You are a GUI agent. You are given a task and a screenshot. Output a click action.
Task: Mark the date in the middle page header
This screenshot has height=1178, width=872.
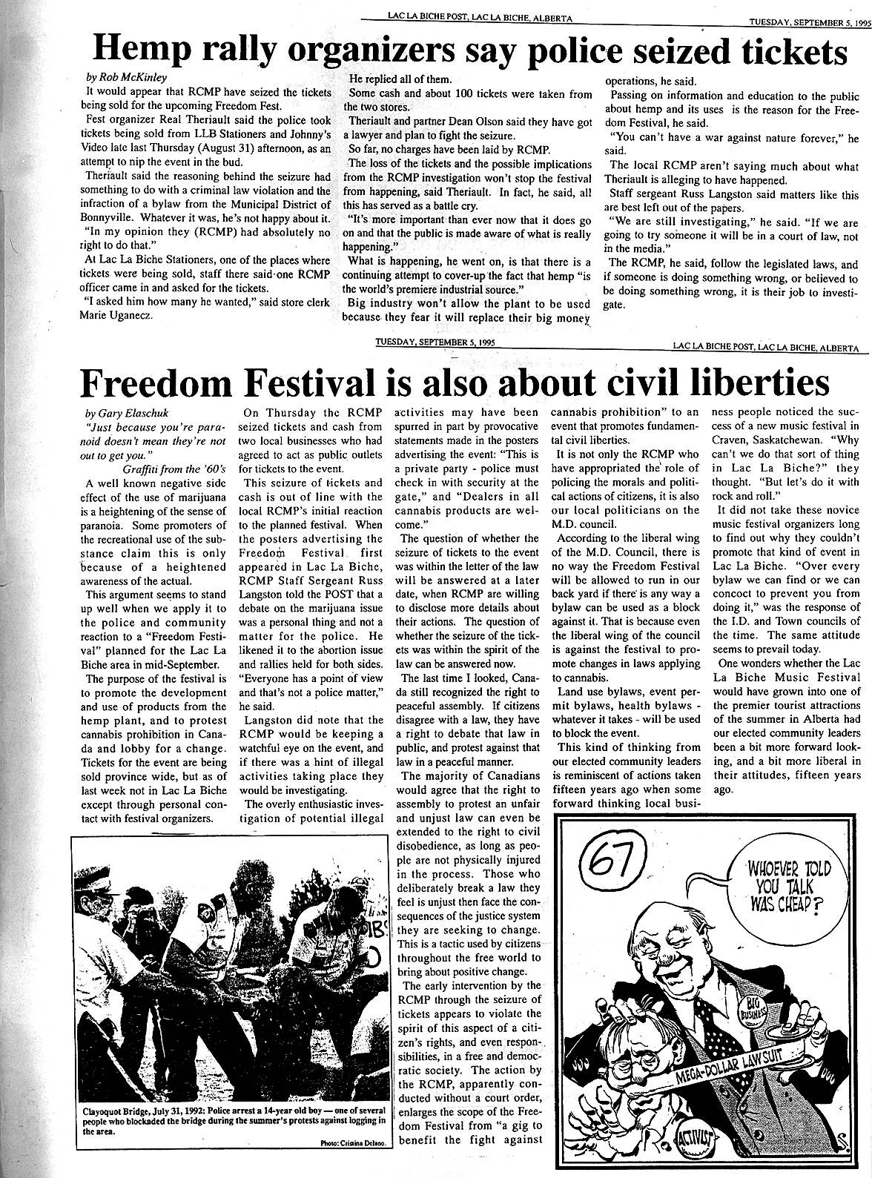click(435, 343)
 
